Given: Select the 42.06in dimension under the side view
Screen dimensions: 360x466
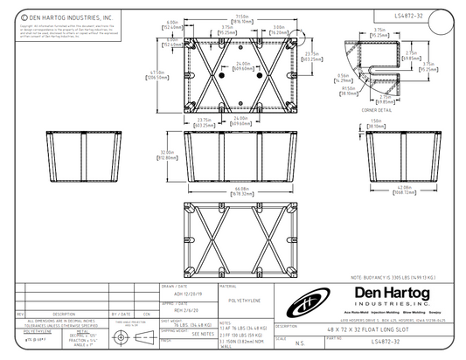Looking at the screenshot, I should (379, 188).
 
